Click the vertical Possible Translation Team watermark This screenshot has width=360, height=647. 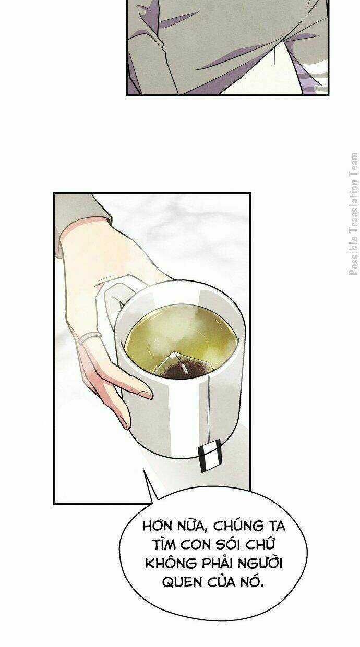pos(354,214)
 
